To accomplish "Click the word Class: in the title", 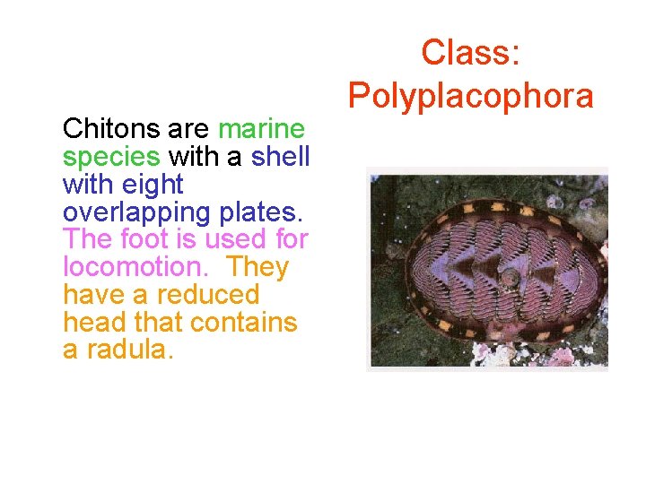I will [x=470, y=52].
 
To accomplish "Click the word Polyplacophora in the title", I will [x=470, y=95].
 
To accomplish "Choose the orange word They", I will [x=258, y=267].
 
